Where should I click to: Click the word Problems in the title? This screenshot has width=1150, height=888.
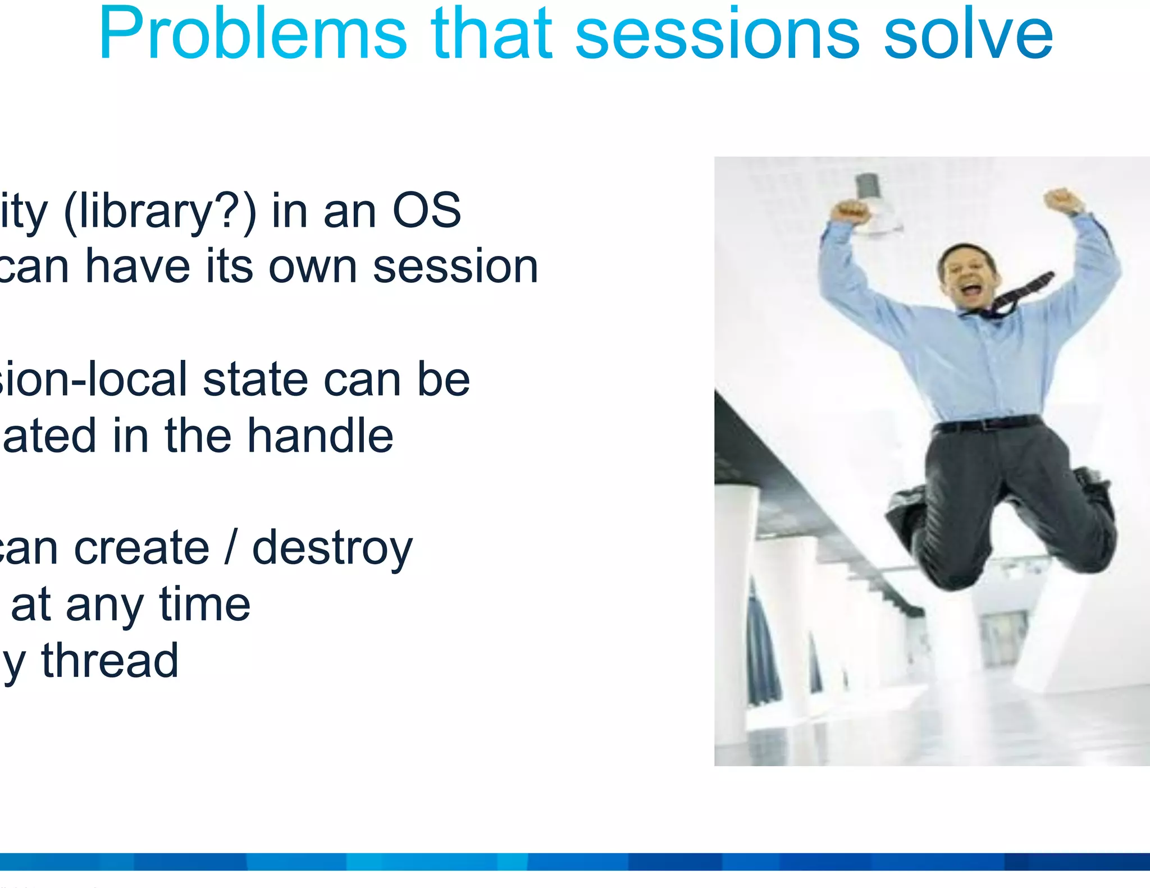pyautogui.click(x=252, y=35)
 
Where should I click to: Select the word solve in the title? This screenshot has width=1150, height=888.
pyautogui.click(x=969, y=35)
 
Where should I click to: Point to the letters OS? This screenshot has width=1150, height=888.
pyautogui.click(x=427, y=210)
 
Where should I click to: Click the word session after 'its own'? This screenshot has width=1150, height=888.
pyautogui.click(x=455, y=267)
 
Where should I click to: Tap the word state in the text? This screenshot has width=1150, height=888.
pyautogui.click(x=255, y=379)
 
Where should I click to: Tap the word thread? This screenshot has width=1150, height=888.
pyautogui.click(x=110, y=661)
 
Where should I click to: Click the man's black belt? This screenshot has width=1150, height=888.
pyautogui.click(x=988, y=424)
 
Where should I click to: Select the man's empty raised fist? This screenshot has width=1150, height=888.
pyautogui.click(x=1062, y=201)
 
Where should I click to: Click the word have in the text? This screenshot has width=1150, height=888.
pyautogui.click(x=138, y=267)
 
